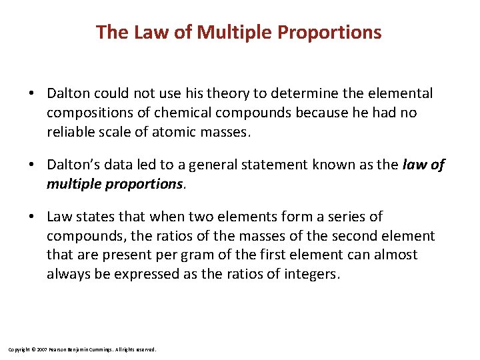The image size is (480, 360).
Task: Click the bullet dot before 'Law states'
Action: click(x=31, y=217)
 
